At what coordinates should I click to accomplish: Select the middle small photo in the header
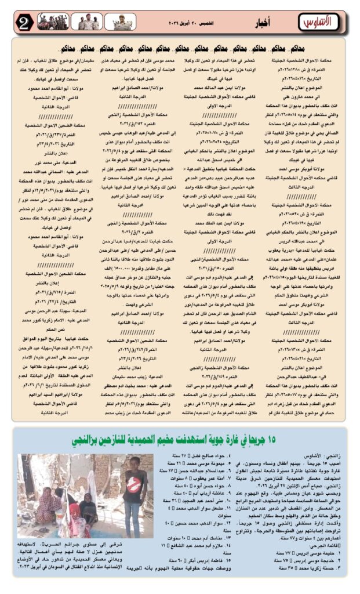tap(88, 22)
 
